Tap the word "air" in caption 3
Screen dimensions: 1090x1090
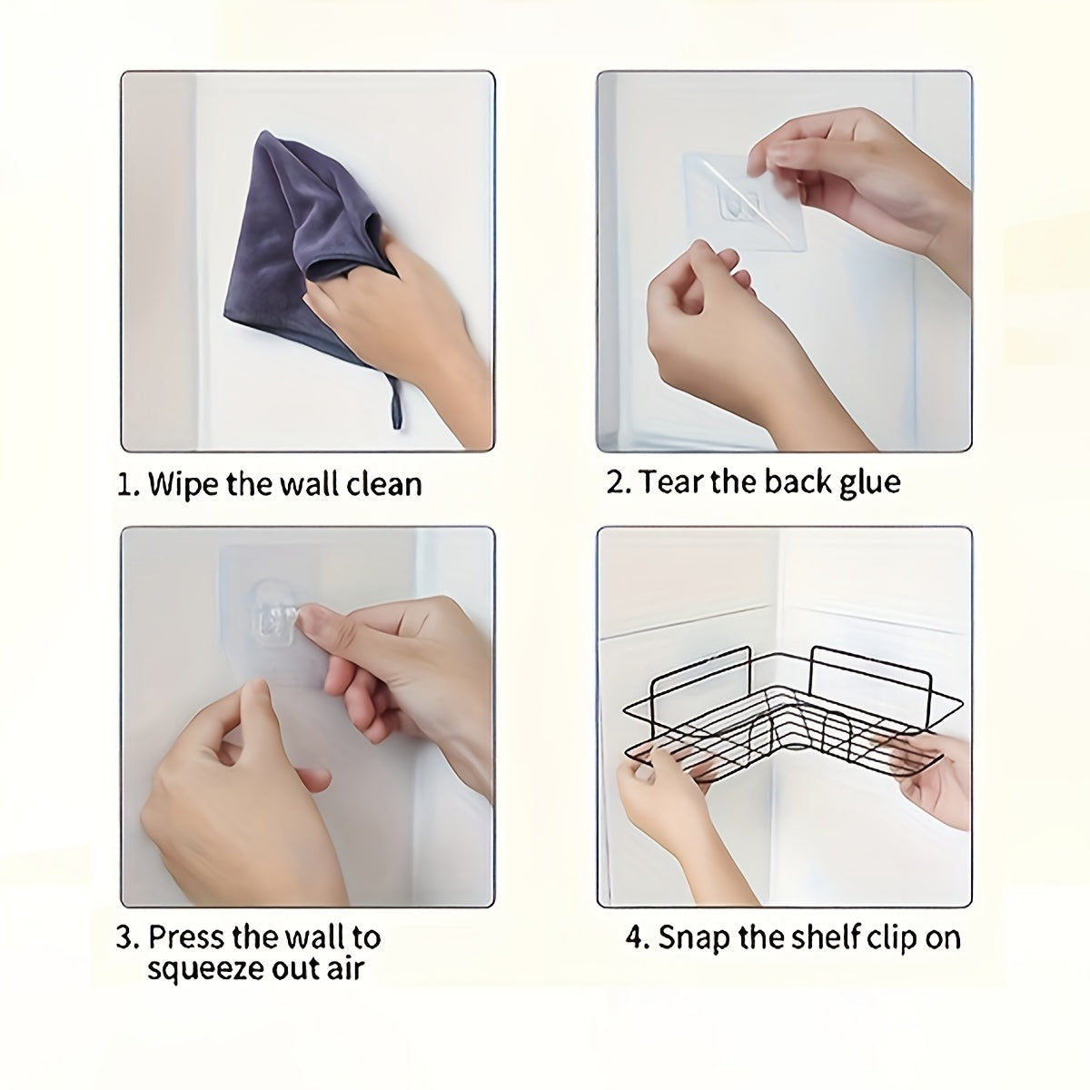point(345,969)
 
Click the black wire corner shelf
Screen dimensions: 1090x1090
point(792,718)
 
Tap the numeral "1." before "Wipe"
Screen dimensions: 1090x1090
point(128,485)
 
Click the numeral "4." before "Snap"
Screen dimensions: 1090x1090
point(638,937)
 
